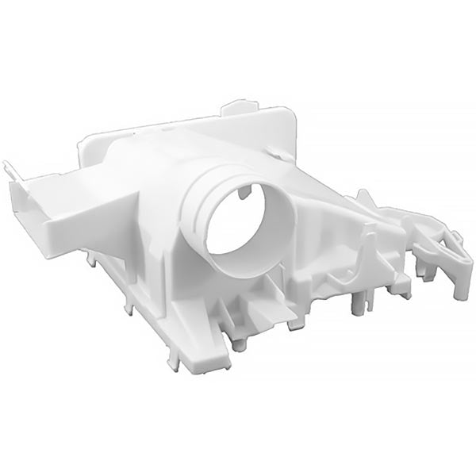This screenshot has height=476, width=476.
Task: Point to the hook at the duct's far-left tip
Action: click(8, 167)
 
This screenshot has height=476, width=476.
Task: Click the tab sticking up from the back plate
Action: click(231, 105)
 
